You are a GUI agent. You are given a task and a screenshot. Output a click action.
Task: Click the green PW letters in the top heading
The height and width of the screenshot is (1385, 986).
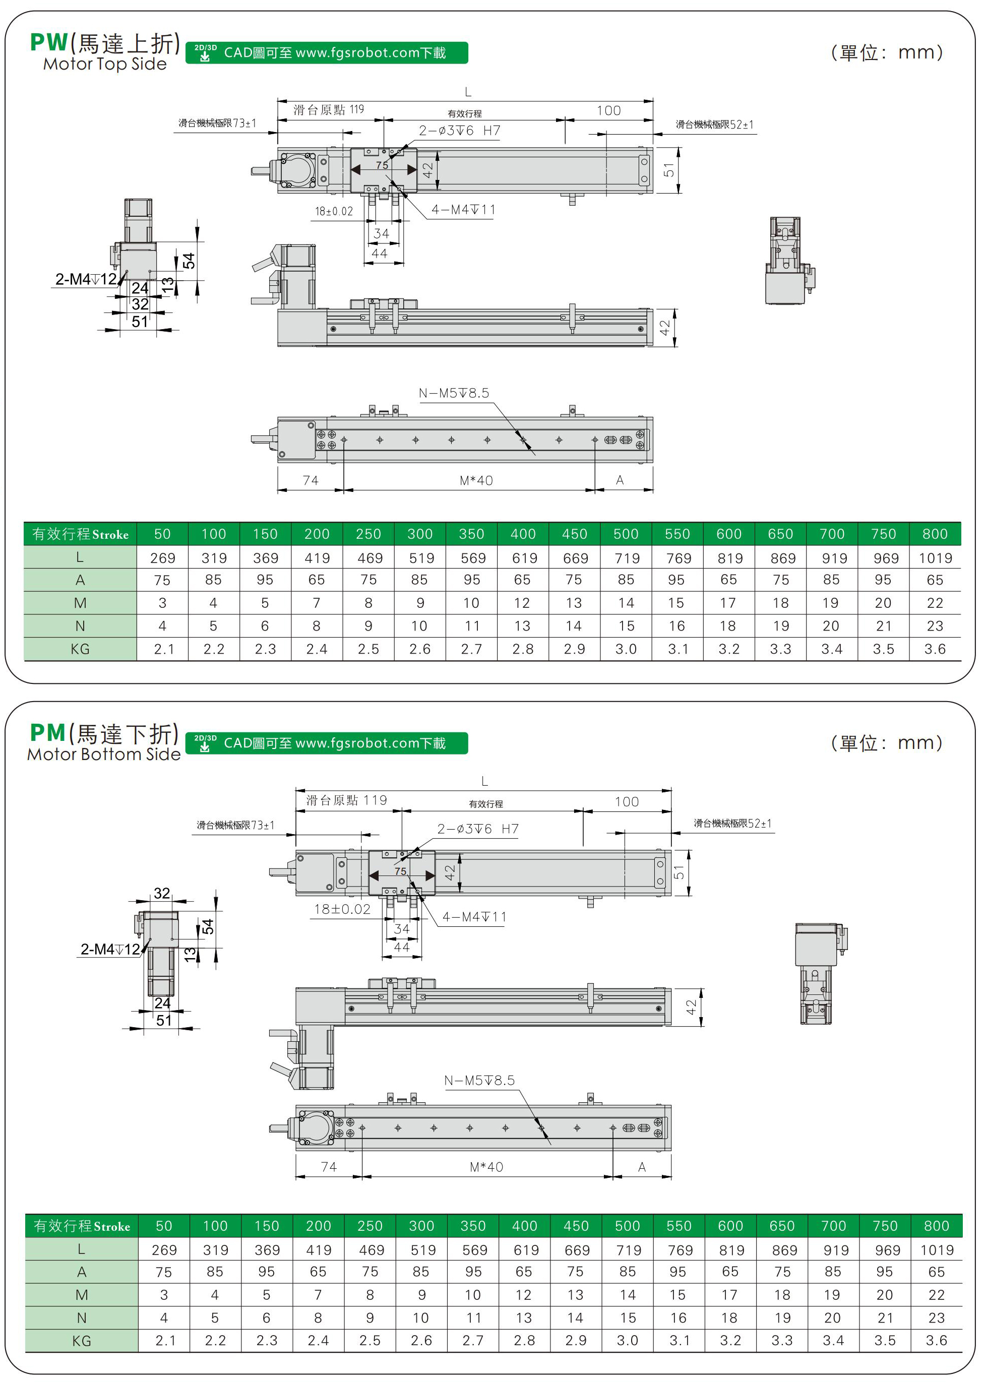[x=48, y=42]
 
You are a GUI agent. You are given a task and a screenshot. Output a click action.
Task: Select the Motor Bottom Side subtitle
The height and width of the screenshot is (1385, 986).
[x=104, y=754]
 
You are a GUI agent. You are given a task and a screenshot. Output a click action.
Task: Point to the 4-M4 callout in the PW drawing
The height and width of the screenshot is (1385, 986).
[x=463, y=210]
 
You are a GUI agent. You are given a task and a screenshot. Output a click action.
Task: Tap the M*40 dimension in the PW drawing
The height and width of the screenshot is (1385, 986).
[x=476, y=481]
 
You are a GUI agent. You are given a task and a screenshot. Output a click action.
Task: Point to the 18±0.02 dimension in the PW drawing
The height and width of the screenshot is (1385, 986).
[x=333, y=211]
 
